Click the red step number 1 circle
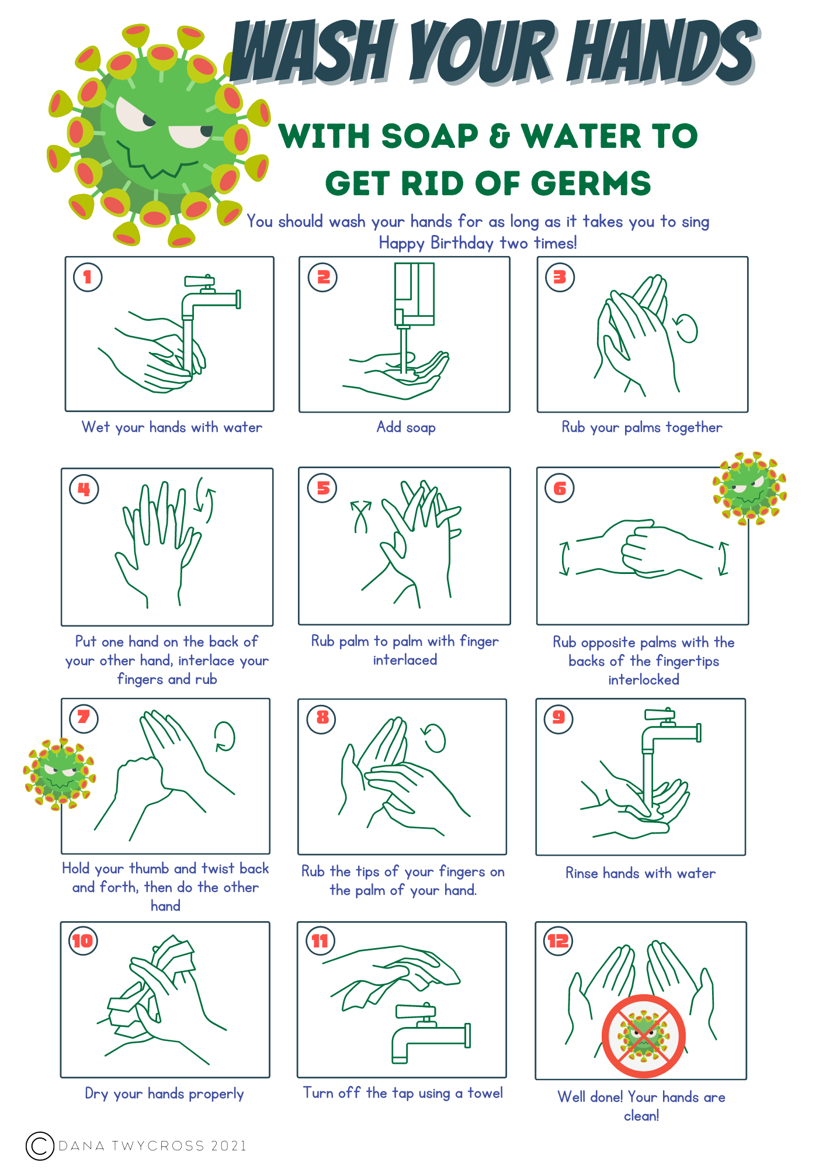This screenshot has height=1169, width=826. tap(88, 277)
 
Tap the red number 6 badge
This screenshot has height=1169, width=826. tap(559, 488)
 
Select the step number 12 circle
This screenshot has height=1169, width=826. tap(558, 940)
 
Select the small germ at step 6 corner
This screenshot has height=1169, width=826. tap(749, 488)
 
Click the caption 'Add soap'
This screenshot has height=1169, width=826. tap(406, 427)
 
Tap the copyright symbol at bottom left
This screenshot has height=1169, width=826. tap(40, 1146)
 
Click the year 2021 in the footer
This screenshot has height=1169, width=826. tap(228, 1146)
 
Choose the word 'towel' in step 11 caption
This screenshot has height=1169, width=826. tap(485, 1093)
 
